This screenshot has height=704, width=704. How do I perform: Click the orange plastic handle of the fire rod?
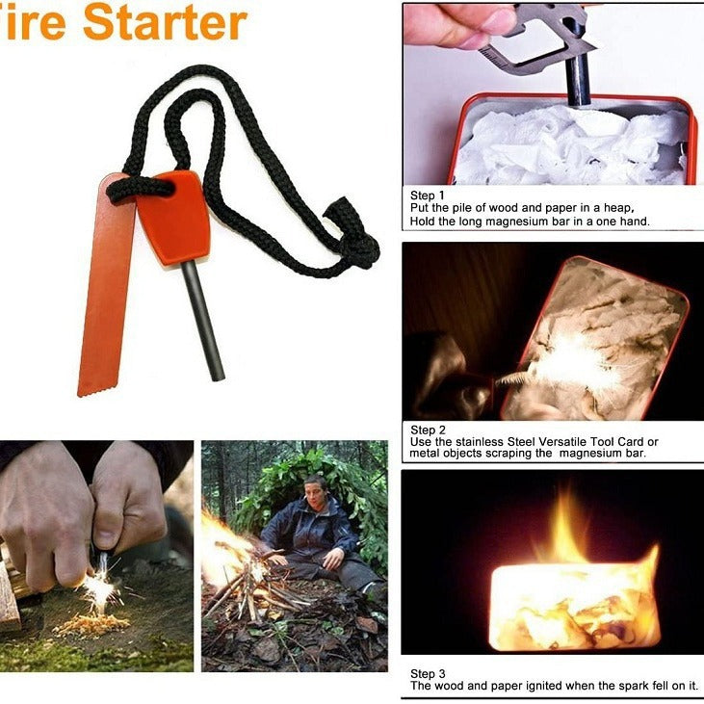[x=173, y=217]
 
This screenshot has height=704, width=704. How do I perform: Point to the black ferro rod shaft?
[x=204, y=318]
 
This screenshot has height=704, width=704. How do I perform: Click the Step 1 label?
[x=428, y=196]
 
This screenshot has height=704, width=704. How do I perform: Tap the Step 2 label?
[x=428, y=430]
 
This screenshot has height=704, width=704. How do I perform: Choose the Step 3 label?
[x=428, y=673]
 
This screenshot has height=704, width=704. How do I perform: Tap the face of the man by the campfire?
[x=315, y=488]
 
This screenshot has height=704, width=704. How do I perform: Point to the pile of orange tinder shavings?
[x=91, y=624]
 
